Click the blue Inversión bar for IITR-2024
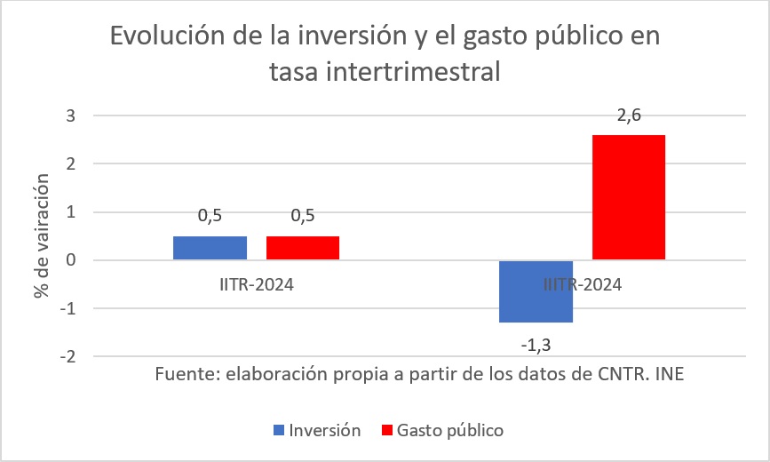pyautogui.click(x=210, y=248)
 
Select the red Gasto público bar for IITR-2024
pyautogui.click(x=302, y=248)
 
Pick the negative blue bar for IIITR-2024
pyautogui.click(x=536, y=291)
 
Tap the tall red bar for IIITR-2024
pyautogui.click(x=628, y=197)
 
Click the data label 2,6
pyautogui.click(x=628, y=116)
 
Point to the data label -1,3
pyautogui.click(x=536, y=342)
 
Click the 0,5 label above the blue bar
pyautogui.click(x=210, y=217)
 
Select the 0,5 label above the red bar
pyautogui.click(x=302, y=217)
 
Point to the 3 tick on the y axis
pyautogui.click(x=71, y=115)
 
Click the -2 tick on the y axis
pyautogui.click(x=67, y=356)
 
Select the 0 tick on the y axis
pyautogui.click(x=71, y=260)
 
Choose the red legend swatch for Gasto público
pyautogui.click(x=385, y=430)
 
